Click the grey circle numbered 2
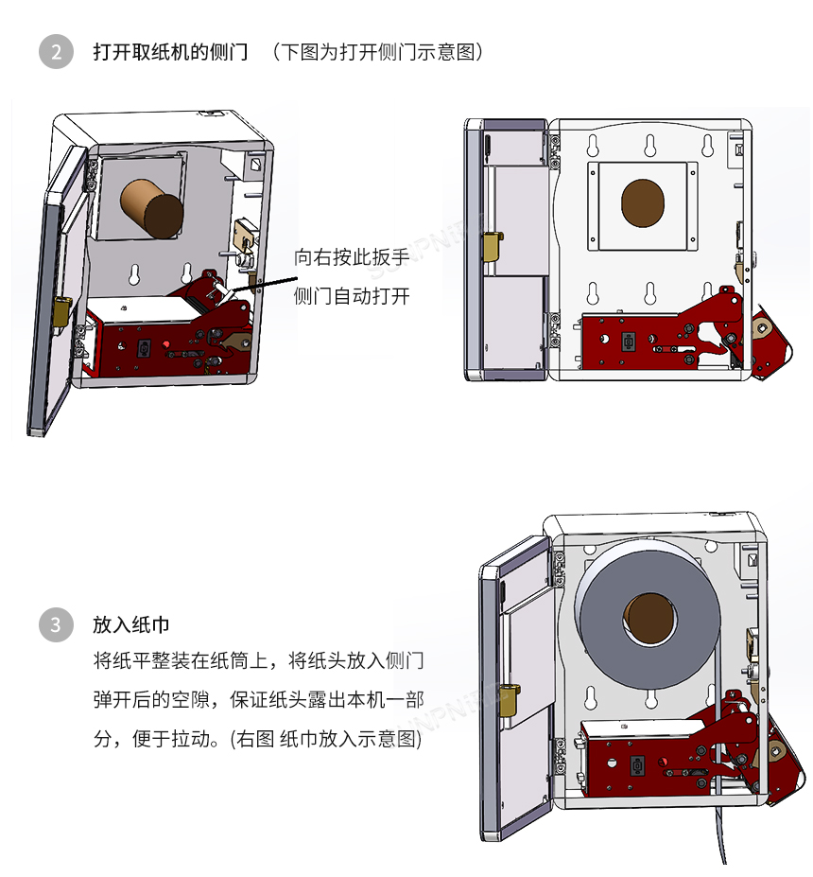56,51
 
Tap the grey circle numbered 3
56,624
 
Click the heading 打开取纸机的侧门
170,51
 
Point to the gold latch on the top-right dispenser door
492,247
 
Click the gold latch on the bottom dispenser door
508,698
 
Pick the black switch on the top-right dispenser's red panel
625,341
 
